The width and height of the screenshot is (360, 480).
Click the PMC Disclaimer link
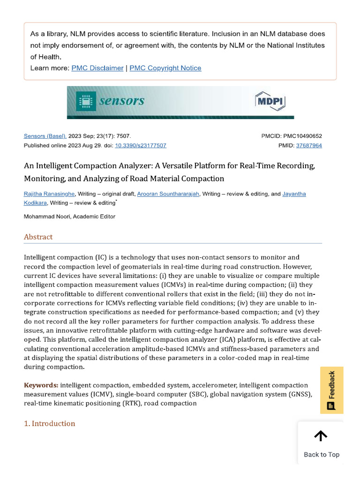[97, 68]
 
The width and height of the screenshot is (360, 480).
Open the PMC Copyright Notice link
[165, 68]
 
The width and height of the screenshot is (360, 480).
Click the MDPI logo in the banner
[270, 101]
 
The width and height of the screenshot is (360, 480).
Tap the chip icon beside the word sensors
[86, 101]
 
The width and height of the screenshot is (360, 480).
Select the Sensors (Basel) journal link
[45, 136]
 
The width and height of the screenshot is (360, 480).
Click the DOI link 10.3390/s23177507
[141, 145]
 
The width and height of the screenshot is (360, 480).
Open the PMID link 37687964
[309, 145]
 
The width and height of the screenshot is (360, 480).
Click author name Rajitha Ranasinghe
[49, 194]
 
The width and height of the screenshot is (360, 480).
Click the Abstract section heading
[38, 237]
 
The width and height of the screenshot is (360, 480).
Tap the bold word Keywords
[41, 385]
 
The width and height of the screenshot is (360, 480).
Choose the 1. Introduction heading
[50, 423]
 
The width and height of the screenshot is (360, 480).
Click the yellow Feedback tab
[331, 390]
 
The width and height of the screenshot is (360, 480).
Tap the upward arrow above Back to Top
[321, 436]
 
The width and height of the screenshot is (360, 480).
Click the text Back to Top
[322, 454]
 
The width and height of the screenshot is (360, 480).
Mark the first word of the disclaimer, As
[35, 34]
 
